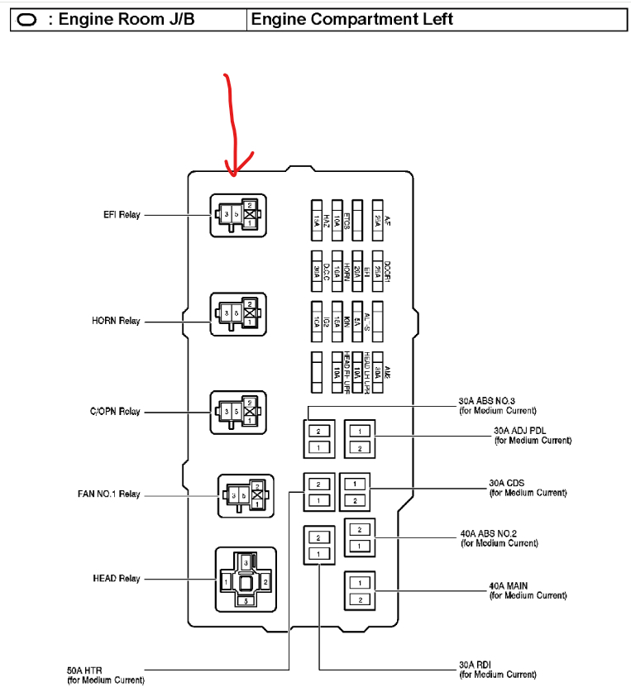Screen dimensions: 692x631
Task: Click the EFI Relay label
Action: coord(117,215)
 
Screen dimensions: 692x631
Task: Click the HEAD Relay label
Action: coord(116,579)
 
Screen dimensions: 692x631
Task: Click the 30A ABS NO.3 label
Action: coord(498,405)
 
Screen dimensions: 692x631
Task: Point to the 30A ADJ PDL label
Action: coord(532,435)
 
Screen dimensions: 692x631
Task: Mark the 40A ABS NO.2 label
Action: coord(500,538)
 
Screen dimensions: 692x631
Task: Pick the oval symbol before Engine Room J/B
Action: coord(27,20)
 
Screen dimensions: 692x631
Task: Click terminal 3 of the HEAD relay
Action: coord(246,562)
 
